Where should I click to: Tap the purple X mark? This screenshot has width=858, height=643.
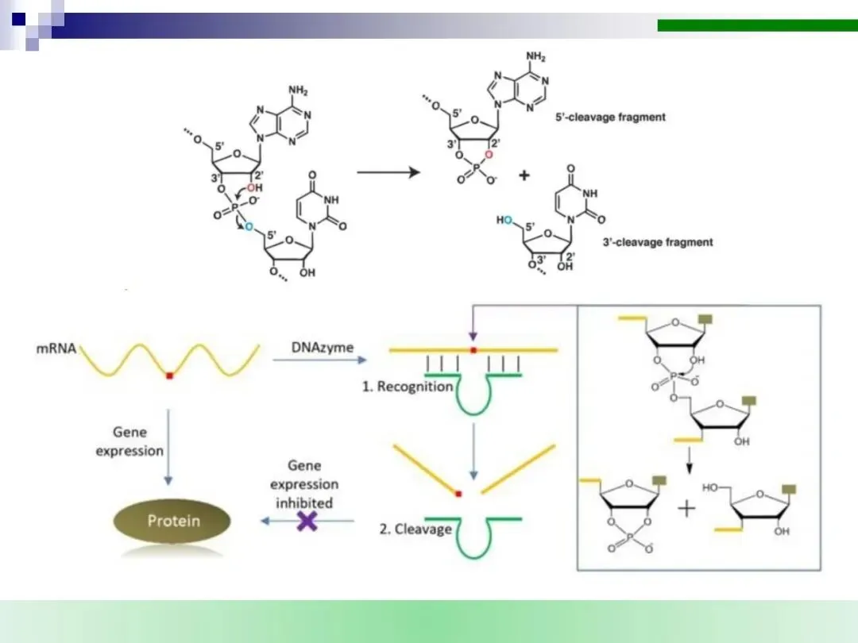(306, 521)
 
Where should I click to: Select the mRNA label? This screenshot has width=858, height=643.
(57, 348)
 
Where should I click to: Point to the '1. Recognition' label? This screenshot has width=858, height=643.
(408, 387)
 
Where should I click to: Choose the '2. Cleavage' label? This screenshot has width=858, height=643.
(413, 529)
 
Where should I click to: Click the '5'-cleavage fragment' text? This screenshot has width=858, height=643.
(610, 117)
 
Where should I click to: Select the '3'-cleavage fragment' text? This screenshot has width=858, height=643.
(657, 242)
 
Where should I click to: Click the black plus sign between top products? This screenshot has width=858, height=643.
(524, 176)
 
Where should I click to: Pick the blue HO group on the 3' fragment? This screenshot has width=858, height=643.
(504, 220)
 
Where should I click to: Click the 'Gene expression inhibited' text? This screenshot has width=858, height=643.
(304, 484)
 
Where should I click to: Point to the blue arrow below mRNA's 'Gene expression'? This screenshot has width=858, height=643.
(168, 445)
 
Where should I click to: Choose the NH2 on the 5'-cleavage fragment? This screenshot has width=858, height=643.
(537, 57)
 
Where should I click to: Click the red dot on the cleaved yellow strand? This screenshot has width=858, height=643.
(458, 494)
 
